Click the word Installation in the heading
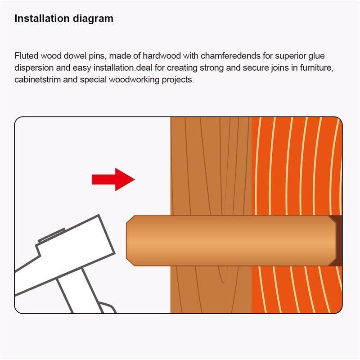[x=42, y=18]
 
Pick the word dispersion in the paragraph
[x=34, y=68]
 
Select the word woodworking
[x=134, y=80]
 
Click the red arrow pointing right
[x=113, y=179]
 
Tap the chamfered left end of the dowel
[x=130, y=241]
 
